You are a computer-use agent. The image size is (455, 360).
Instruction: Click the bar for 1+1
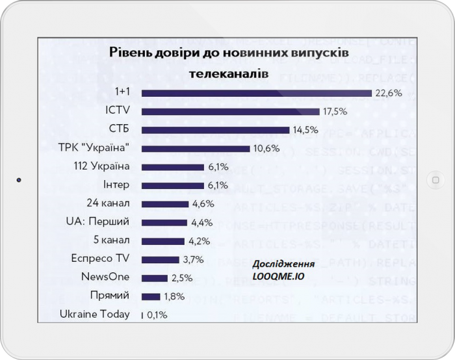click(257, 93)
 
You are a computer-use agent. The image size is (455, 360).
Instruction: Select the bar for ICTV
click(231, 112)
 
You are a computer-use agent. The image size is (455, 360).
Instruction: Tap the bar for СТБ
click(216, 130)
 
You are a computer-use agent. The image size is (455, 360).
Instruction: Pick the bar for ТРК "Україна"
click(196, 149)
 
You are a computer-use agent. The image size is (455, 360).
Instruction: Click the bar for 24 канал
click(165, 204)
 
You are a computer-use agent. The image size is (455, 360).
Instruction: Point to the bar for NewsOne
click(155, 278)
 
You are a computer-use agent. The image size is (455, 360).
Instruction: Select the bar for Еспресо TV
click(160, 259)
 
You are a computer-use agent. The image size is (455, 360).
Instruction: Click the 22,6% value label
click(387, 93)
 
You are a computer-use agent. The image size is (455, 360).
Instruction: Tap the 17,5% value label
click(335, 112)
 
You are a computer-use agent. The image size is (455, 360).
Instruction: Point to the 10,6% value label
click(266, 149)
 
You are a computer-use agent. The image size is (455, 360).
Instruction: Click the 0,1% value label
click(157, 315)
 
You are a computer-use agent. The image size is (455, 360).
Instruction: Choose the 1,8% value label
click(172, 297)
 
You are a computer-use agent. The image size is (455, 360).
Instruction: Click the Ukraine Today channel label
click(94, 315)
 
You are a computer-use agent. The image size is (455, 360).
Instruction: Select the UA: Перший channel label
click(97, 222)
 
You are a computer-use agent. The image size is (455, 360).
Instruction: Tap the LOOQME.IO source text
click(279, 276)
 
